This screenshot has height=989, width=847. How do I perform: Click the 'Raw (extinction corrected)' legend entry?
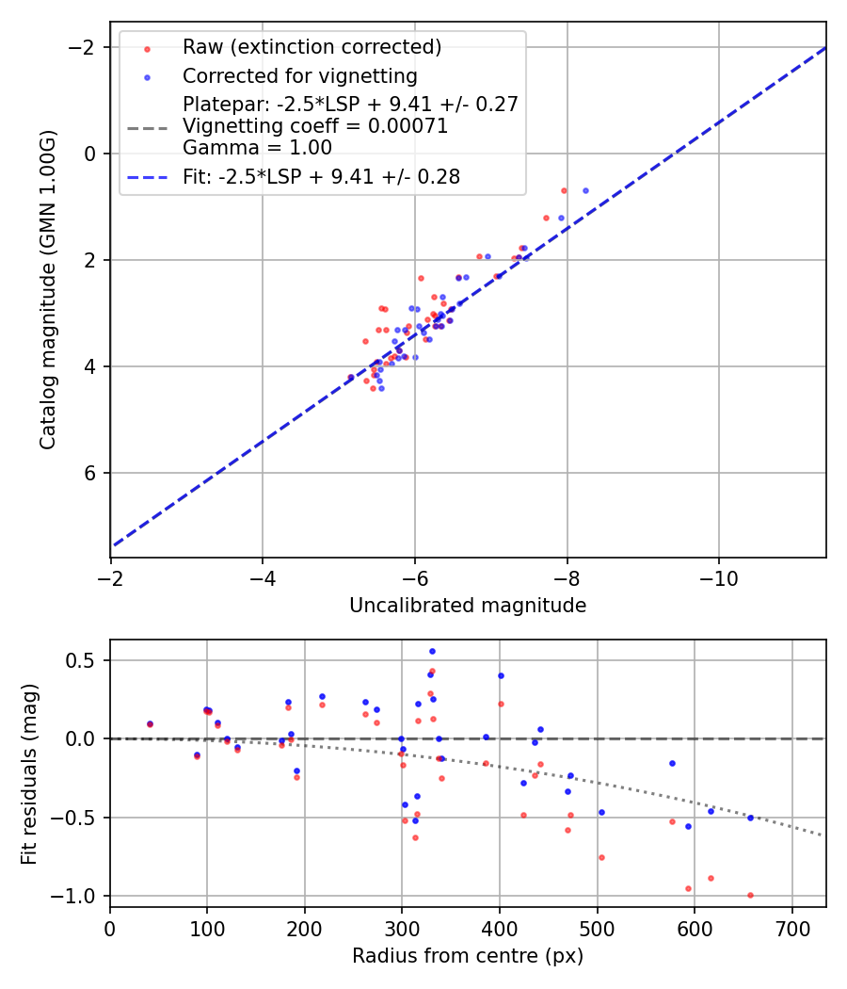[x=312, y=47]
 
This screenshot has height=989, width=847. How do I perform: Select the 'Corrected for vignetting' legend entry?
[x=299, y=75]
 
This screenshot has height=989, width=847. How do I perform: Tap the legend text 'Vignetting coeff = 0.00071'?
[x=315, y=125]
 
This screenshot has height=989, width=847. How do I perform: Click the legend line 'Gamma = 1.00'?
[x=257, y=148]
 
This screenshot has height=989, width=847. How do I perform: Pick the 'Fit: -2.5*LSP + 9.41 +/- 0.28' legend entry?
[x=321, y=176]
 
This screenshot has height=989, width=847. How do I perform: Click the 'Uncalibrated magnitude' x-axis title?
[x=468, y=606]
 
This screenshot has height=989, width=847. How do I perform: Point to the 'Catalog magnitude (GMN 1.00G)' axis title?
[x=49, y=289]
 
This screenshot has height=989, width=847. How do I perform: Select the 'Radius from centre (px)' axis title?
[x=468, y=956]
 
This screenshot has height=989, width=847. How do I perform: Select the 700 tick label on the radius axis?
[x=791, y=927]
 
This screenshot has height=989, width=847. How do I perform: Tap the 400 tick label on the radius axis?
[x=500, y=927]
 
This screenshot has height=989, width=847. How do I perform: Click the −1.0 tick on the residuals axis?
[x=82, y=896]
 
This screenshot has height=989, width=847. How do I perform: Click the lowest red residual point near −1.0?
[x=750, y=895]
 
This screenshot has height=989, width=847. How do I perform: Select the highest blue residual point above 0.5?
[x=432, y=651]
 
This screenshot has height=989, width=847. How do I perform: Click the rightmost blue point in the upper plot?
[x=585, y=190]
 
